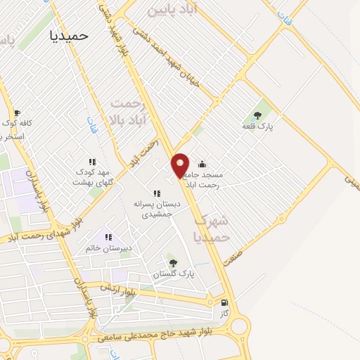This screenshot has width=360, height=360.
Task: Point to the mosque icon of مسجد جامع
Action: click(x=202, y=164)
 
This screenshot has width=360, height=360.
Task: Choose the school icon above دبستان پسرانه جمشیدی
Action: click(x=157, y=193)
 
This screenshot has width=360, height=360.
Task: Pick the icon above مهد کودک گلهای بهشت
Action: click(x=91, y=162)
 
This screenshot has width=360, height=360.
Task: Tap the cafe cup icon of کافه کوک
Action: click(x=17, y=112)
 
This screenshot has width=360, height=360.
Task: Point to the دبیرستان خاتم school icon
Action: click(x=108, y=237)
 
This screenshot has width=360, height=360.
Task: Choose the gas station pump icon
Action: click(x=224, y=304)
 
